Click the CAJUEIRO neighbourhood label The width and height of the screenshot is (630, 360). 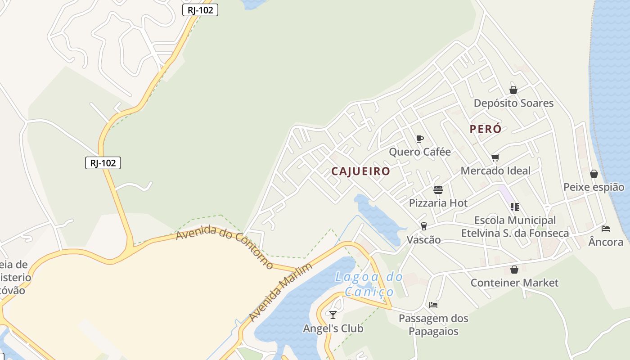click(x=360, y=171)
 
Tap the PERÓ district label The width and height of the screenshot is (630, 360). click(x=486, y=129)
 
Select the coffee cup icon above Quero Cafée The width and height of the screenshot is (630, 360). click(x=419, y=139)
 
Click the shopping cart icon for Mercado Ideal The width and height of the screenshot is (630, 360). click(x=495, y=157)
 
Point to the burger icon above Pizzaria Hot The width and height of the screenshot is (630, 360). click(x=438, y=190)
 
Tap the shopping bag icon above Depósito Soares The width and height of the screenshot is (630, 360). click(x=513, y=90)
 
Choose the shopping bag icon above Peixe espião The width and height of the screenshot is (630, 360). click(x=594, y=174)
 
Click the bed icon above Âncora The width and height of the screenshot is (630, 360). click(x=606, y=229)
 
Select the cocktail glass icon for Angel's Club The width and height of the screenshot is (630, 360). click(x=333, y=315)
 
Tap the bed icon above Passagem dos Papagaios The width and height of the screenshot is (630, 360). click(x=433, y=305)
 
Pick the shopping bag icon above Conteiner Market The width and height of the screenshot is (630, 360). click(x=514, y=270)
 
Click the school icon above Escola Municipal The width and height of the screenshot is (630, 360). click(x=515, y=207)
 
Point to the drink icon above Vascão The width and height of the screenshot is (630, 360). click(x=423, y=226)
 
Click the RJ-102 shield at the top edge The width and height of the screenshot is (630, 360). click(x=200, y=10)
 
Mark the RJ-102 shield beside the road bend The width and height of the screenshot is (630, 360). click(x=103, y=163)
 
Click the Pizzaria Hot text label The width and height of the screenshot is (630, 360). click(x=438, y=203)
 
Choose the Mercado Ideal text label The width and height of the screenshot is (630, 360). click(x=495, y=171)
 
